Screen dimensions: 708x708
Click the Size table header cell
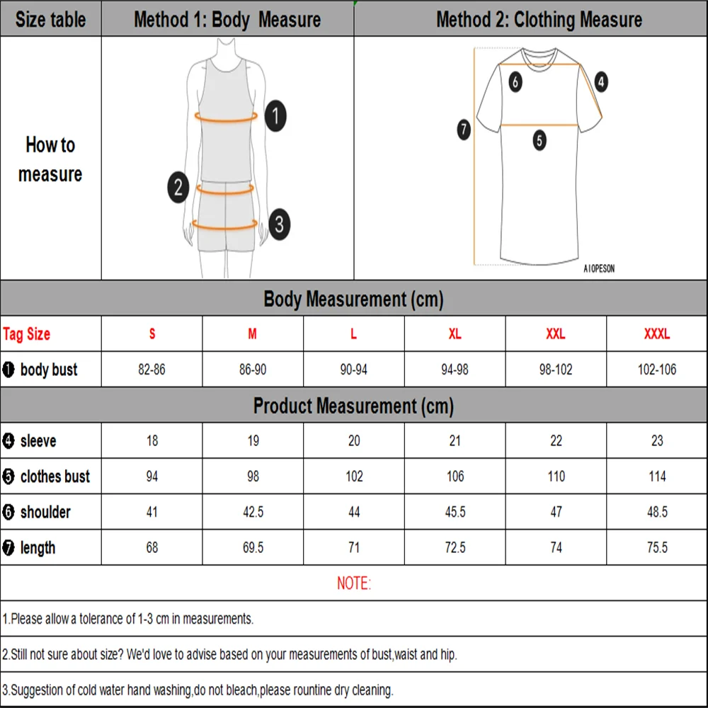coord(50,19)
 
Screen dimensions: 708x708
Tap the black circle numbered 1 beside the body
coord(275,116)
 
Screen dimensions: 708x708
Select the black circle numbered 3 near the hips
coord(280,224)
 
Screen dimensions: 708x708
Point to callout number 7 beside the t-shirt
coord(464,130)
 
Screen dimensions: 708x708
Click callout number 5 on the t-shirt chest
coord(539,140)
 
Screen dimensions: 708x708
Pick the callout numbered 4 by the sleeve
coord(601,81)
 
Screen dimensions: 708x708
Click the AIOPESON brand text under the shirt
coord(599,268)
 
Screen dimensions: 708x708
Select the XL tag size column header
coord(455,333)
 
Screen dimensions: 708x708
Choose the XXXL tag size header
coord(657,333)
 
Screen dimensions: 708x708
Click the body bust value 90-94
coord(353,370)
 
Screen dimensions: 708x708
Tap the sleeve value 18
coord(152,440)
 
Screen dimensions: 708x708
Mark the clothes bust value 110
coord(556,476)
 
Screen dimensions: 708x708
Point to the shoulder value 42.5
coord(253,512)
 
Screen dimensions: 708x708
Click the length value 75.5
coord(657,547)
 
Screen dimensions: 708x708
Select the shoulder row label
coord(45,512)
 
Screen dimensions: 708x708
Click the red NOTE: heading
coord(354,583)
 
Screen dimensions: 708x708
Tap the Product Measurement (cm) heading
coord(353,406)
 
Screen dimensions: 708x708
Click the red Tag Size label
coord(26,333)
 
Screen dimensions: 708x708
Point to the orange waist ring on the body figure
coord(225,193)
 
